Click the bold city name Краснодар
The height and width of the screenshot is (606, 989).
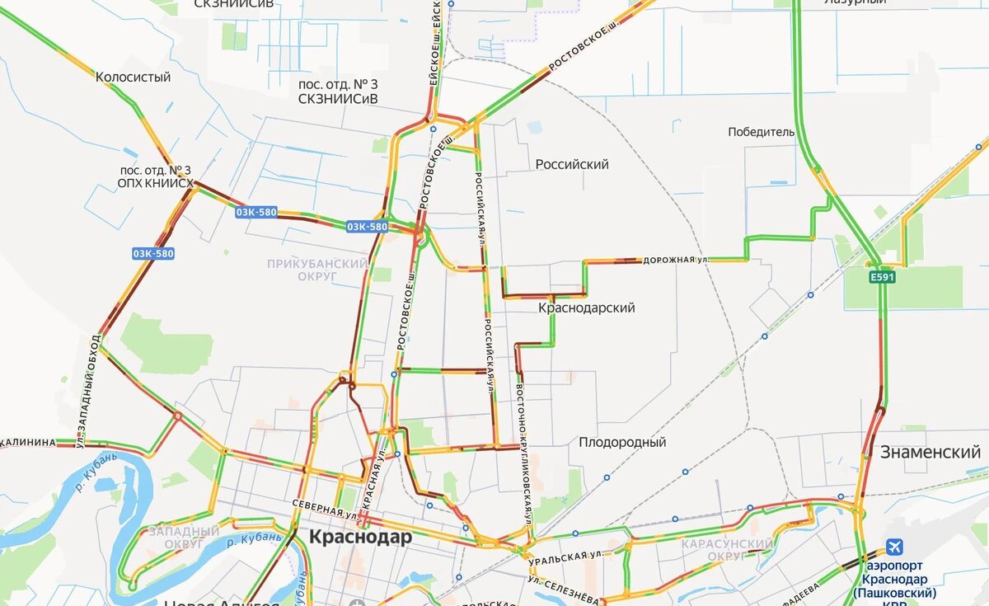360,538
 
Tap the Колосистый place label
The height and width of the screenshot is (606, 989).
133,78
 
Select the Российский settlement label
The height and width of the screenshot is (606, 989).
572,164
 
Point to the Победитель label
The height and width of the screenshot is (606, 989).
762,132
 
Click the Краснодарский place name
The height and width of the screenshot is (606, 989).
586,308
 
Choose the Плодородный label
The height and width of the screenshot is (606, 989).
621,443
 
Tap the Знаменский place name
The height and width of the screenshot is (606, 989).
930,452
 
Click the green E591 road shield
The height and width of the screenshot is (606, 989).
880,278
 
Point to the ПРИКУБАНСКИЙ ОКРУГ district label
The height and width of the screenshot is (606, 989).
316,270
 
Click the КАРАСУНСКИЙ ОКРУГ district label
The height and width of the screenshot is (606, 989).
728,550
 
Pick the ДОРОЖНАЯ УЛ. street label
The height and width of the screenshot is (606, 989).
676,259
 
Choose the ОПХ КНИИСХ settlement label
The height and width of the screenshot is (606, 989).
155,183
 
